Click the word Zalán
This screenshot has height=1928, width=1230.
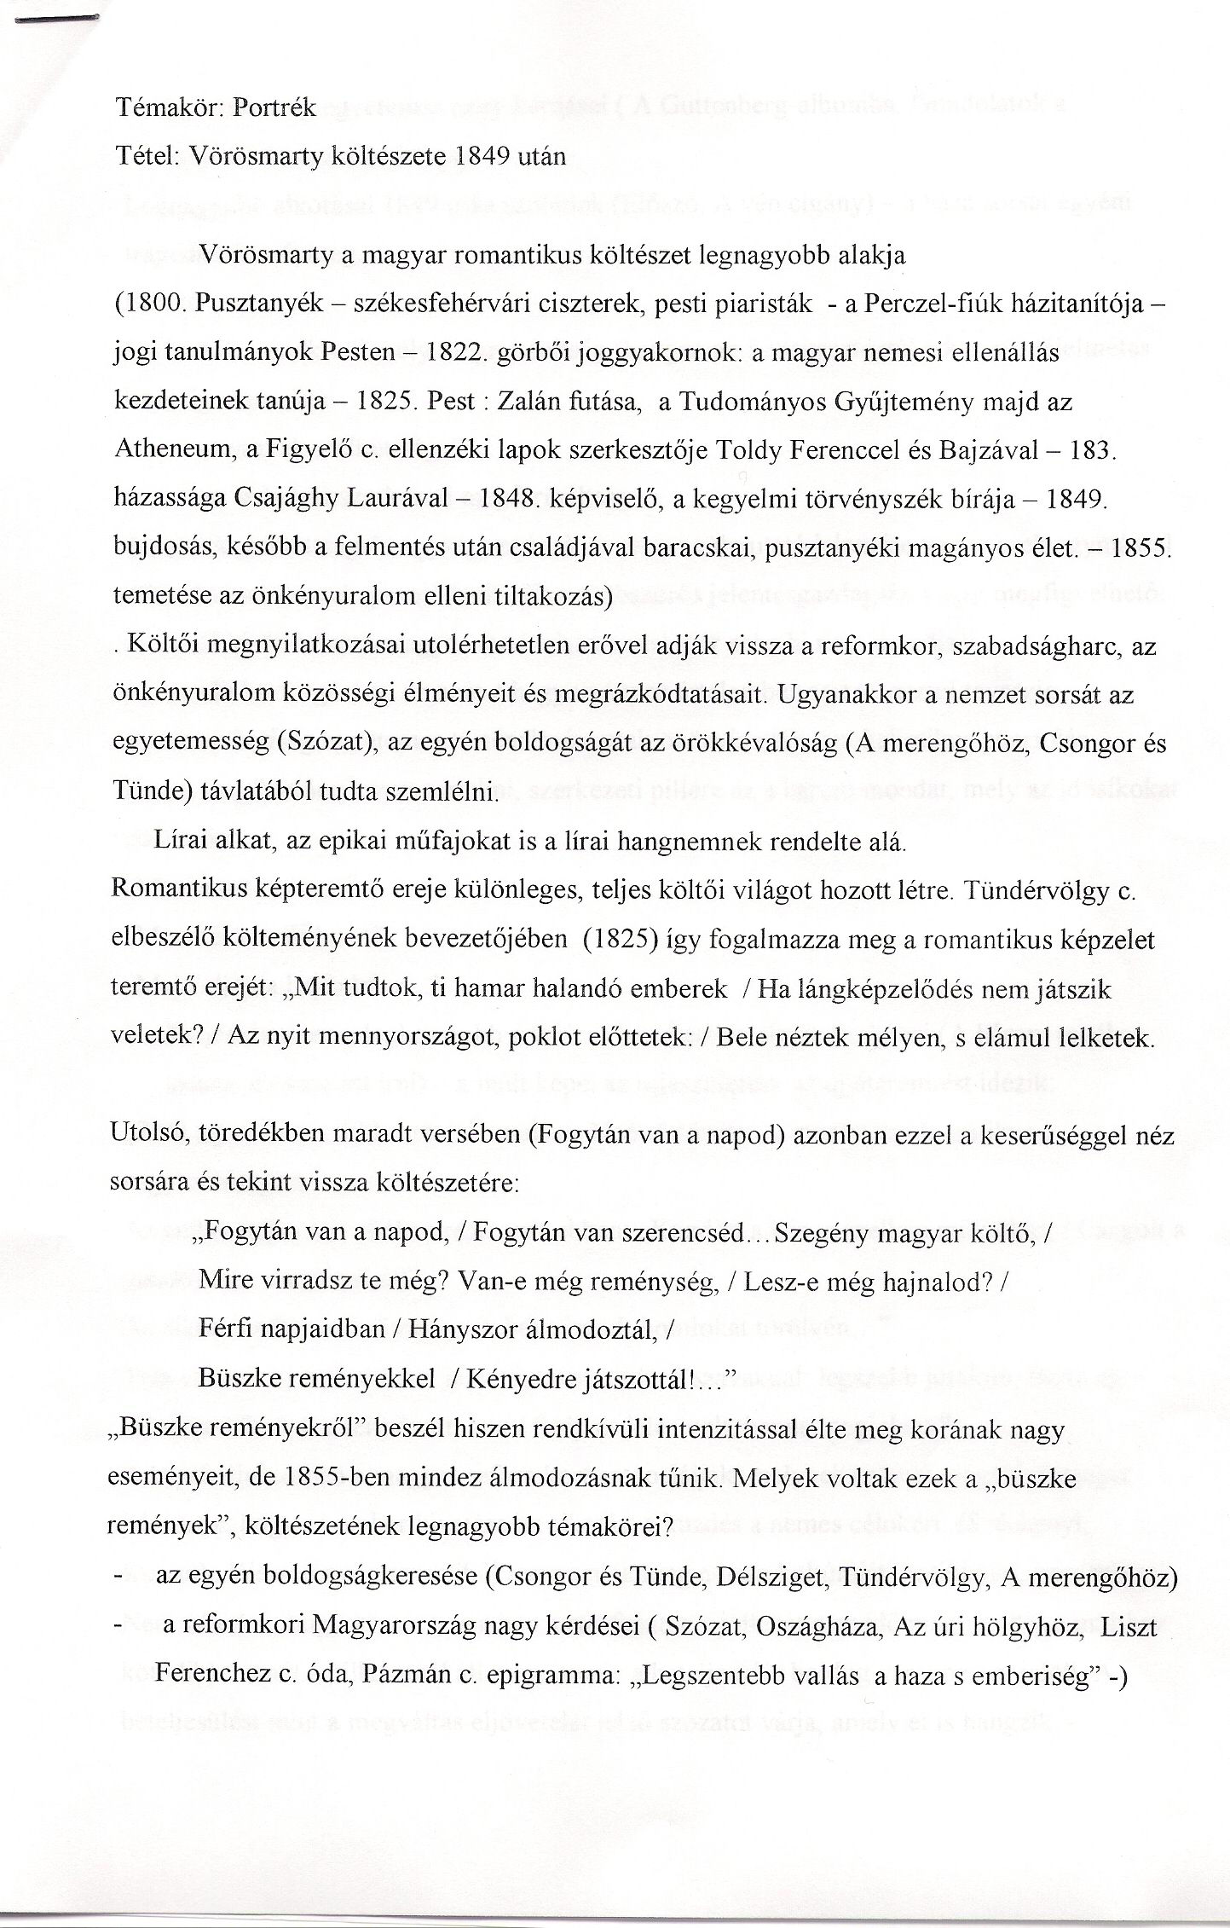pos(525,402)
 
